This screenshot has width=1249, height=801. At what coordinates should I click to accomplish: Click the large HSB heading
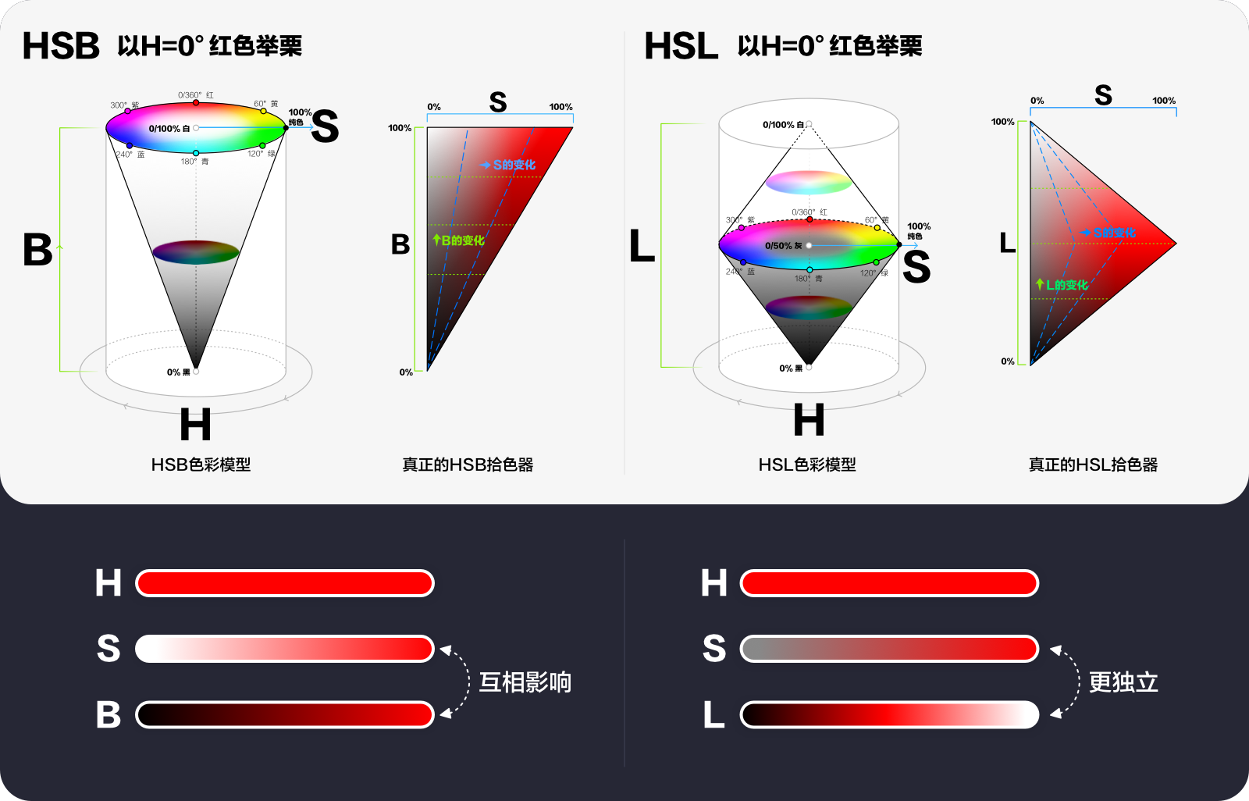click(61, 46)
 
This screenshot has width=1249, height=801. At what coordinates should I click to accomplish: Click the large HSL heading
click(681, 46)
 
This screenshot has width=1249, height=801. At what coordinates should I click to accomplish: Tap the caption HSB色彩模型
click(201, 465)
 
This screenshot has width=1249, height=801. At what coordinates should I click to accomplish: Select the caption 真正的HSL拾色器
click(1093, 465)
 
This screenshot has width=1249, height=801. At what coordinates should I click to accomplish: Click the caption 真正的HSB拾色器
click(468, 465)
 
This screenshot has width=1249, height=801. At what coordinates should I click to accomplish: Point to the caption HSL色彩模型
click(807, 465)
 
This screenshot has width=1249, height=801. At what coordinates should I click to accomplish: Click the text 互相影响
click(525, 682)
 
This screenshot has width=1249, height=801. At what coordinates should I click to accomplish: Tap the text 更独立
click(1123, 682)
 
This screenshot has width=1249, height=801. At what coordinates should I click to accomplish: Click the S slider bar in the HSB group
click(284, 649)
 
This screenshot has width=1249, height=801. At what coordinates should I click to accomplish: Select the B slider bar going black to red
click(284, 714)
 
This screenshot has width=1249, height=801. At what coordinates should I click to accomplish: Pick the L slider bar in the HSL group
click(889, 714)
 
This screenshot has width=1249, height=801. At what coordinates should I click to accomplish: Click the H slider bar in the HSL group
click(889, 583)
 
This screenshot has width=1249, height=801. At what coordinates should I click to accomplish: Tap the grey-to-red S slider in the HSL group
click(889, 649)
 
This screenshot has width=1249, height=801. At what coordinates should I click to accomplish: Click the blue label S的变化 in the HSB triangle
click(513, 165)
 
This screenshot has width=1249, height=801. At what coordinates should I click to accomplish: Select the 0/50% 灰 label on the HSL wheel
click(784, 246)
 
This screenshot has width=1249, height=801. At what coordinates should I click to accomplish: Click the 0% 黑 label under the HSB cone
click(179, 372)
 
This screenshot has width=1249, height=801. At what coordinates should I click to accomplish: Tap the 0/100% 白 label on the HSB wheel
click(169, 129)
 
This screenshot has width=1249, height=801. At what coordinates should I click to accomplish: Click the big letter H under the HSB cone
click(195, 425)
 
